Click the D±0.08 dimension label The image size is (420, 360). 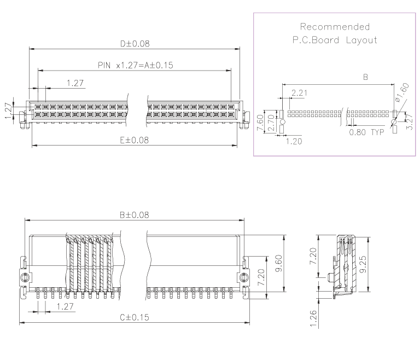point(135,43)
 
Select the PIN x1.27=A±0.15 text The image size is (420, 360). point(135,65)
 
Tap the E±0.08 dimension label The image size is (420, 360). point(135,140)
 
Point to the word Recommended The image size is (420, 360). point(335,26)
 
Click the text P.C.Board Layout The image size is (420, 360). point(335,40)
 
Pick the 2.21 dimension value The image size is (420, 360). point(299,93)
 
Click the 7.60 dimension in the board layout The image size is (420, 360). point(261,121)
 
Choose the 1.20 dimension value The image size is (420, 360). point(294,140)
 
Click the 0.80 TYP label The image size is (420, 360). point(367,132)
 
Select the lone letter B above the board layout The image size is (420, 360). point(365,78)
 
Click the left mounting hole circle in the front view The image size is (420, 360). point(24,277)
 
